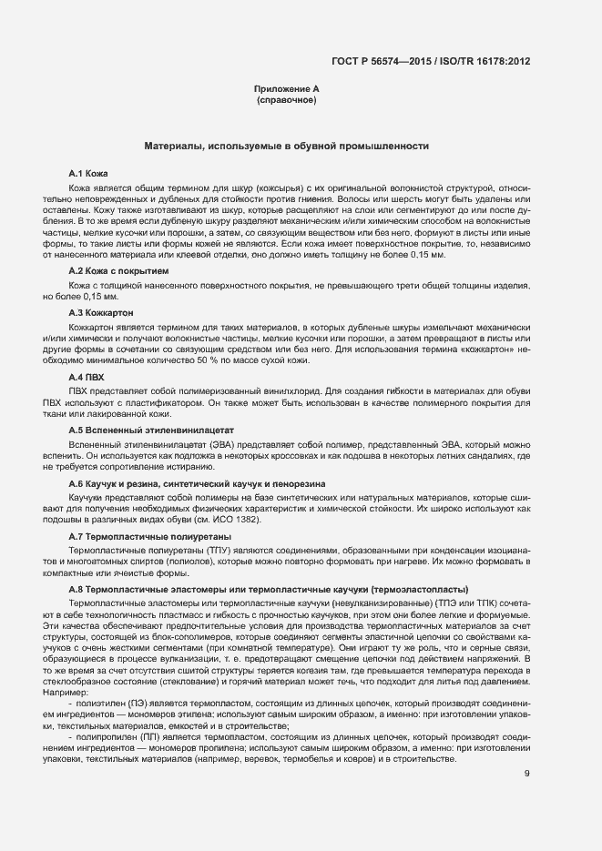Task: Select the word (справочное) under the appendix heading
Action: coord(287,99)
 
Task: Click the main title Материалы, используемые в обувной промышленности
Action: coord(287,146)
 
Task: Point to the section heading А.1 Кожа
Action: coord(89,172)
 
